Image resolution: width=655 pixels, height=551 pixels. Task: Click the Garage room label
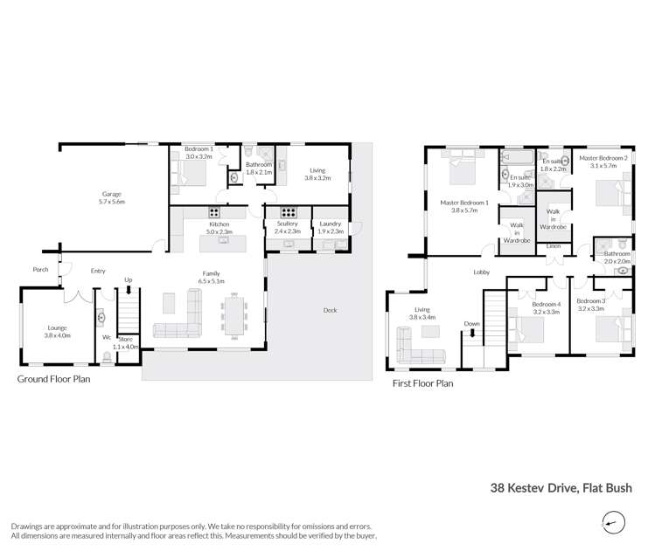(x=112, y=197)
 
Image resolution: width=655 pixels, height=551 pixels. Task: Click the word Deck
(x=329, y=311)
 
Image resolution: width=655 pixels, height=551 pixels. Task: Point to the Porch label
(x=40, y=269)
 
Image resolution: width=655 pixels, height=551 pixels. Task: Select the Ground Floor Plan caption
(x=53, y=379)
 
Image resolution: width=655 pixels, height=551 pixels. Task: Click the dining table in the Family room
(x=235, y=315)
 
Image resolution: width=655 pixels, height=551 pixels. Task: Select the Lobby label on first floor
(x=481, y=272)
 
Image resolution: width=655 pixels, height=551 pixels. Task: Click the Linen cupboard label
(x=553, y=246)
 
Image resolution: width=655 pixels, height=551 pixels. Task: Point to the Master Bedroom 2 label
(x=603, y=162)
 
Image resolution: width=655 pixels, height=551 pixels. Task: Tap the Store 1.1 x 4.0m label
(x=127, y=342)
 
